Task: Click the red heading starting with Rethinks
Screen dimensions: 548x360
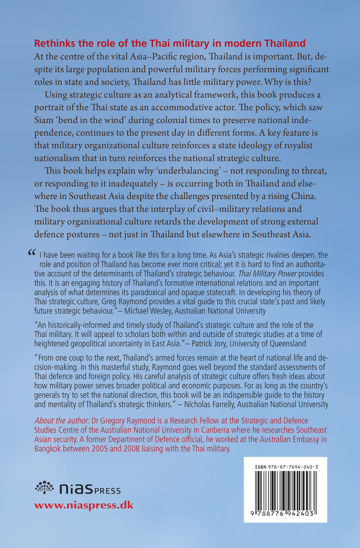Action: coord(169,43)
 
